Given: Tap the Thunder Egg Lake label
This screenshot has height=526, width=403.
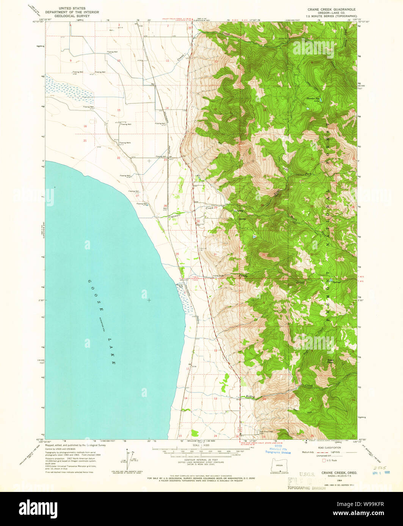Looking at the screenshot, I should (313, 100).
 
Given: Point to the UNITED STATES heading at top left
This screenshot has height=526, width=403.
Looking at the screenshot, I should (72, 8).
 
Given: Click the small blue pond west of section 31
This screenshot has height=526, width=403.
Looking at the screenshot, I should (253, 237).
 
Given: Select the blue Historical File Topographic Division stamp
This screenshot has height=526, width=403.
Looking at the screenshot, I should (278, 450).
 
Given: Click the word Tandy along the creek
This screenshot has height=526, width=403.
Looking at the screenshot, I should (243, 276).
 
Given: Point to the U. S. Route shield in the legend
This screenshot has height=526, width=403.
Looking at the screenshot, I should (324, 460).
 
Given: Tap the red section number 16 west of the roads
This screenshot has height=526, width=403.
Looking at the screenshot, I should (85, 126).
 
